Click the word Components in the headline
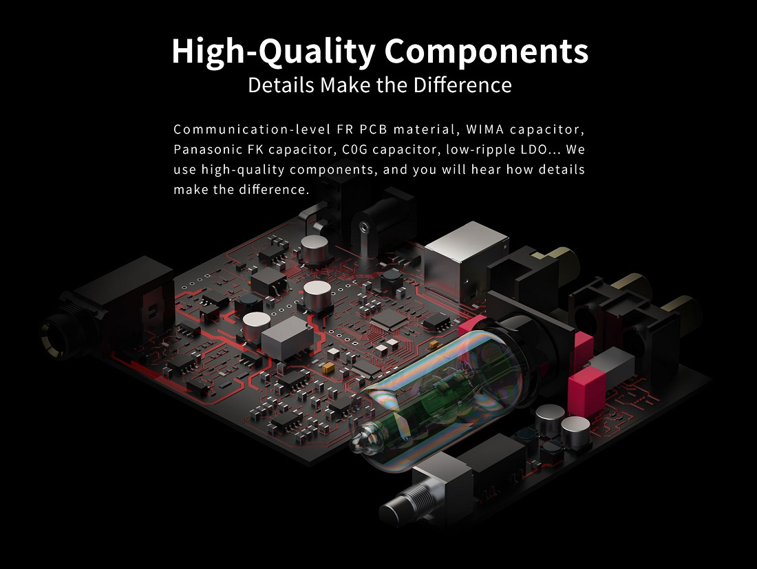point(486,51)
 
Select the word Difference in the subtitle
point(462,85)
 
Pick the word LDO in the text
point(534,149)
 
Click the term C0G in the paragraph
point(355,149)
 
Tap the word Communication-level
point(252,129)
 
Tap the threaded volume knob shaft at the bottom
point(405,502)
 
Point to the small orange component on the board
point(328,367)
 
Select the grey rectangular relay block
point(287,337)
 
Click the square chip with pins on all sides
point(389,319)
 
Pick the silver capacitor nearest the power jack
point(314,249)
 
